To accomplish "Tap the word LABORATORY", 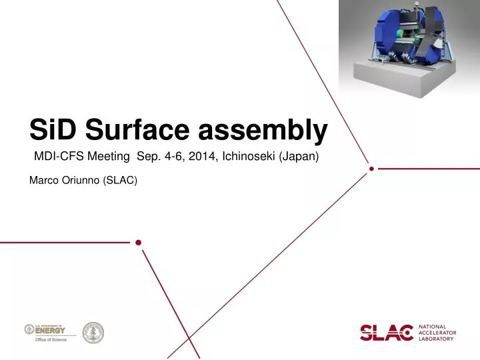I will pyautogui.click(x=438, y=339).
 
